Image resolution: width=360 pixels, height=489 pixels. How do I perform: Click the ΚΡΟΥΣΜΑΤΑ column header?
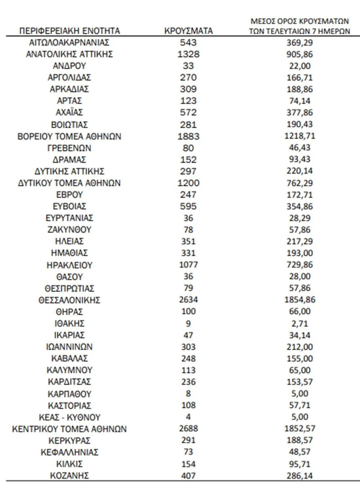pos(188,31)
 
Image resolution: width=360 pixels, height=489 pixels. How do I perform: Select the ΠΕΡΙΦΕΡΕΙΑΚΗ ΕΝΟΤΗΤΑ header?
pos(69,31)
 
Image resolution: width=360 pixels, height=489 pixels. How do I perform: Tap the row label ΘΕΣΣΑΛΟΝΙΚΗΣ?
pos(69,300)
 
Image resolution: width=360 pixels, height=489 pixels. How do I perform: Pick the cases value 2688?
pos(188,429)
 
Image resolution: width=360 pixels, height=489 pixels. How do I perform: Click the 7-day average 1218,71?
pos(299,136)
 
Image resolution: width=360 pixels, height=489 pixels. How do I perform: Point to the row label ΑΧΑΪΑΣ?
pos(69,112)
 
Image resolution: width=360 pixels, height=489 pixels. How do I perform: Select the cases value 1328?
pos(188,54)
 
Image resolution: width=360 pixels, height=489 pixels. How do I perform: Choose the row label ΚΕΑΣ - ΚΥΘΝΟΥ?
pos(69,417)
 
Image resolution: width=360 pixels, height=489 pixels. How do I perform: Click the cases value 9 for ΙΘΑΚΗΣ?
pos(188,324)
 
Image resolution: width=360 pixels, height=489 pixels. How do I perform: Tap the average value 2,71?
pos(299,324)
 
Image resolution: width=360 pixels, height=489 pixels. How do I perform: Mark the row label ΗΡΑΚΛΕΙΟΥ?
pos(69,265)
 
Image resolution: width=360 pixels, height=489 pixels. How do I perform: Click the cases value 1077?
pos(188,265)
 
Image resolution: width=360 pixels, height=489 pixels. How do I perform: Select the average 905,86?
pos(299,54)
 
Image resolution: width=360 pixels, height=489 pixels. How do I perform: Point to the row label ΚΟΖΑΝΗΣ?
pos(69,476)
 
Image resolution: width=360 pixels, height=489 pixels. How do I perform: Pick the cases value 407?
pos(188,476)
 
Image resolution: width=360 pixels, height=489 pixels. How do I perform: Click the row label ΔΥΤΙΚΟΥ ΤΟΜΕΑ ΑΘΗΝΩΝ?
pos(69,183)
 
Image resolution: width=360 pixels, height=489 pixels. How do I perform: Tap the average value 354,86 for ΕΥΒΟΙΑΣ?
pos(299,206)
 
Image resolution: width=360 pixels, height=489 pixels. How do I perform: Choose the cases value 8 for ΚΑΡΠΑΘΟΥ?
pos(188,394)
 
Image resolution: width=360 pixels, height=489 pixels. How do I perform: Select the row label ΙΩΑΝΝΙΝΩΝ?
pos(69,347)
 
